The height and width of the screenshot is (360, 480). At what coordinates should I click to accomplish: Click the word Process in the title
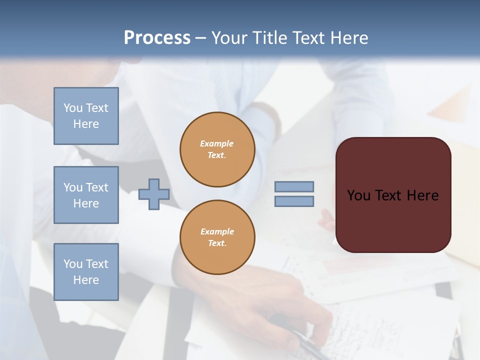click(x=157, y=38)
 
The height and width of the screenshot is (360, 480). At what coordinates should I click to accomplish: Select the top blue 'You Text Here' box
click(x=86, y=116)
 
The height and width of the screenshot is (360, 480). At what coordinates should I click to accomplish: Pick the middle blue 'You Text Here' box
click(x=86, y=195)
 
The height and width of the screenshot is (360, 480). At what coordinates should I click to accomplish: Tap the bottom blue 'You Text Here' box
click(x=86, y=271)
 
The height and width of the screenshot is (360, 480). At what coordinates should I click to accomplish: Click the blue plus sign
click(x=153, y=194)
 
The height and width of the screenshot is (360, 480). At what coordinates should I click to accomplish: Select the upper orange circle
click(x=217, y=149)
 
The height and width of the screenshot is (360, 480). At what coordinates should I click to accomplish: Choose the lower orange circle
click(x=217, y=237)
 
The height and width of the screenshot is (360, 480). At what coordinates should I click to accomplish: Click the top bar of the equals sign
click(x=294, y=186)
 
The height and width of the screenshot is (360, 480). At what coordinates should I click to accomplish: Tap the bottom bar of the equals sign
click(x=294, y=201)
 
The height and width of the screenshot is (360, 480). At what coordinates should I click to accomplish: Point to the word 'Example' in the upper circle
click(x=217, y=144)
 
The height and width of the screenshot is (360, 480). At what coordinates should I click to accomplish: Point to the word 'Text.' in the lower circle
click(x=217, y=243)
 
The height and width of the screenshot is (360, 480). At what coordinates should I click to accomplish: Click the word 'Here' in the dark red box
click(x=423, y=195)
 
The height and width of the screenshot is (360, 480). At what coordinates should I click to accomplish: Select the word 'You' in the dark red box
click(x=358, y=195)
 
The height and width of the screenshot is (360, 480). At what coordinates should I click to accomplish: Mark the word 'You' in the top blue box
click(x=73, y=108)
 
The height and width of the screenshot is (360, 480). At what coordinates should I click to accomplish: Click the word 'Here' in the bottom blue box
click(x=86, y=280)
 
